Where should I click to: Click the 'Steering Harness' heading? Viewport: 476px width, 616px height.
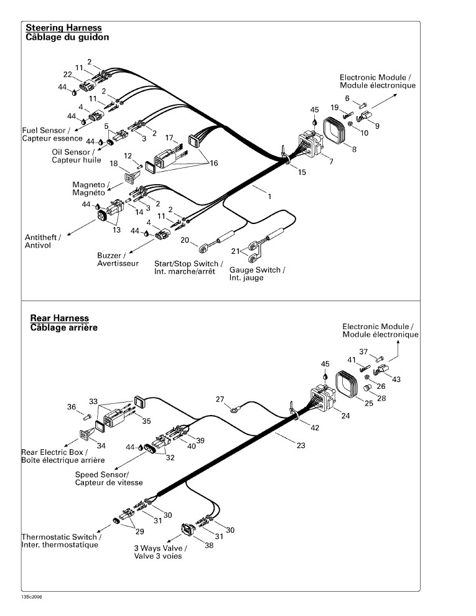(63, 28)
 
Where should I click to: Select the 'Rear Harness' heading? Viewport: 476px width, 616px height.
(60, 318)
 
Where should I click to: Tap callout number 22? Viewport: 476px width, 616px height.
(68, 75)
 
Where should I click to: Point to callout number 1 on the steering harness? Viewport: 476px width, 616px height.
(269, 196)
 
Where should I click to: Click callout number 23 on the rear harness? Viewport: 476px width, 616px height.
(301, 446)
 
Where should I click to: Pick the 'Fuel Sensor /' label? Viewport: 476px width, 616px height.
(46, 131)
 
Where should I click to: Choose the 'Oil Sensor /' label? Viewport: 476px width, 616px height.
(73, 152)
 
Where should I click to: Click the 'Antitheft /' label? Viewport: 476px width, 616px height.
(43, 237)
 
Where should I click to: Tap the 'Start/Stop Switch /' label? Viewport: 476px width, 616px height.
(189, 264)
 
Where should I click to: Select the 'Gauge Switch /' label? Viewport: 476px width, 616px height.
(257, 270)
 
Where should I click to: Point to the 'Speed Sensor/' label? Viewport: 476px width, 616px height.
(101, 475)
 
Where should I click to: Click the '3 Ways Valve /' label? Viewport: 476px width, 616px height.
(161, 548)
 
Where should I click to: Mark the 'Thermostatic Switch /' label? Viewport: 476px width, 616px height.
(61, 537)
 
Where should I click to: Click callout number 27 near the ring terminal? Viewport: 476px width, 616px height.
(220, 399)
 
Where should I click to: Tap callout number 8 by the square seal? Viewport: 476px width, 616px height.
(354, 149)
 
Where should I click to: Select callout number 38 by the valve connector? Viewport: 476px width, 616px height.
(209, 546)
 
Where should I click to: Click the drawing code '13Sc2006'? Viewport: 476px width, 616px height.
(32, 597)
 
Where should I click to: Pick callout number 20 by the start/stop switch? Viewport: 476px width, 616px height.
(185, 240)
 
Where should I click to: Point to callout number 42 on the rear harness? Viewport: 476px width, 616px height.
(315, 428)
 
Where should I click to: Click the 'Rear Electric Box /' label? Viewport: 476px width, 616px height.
(54, 452)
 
